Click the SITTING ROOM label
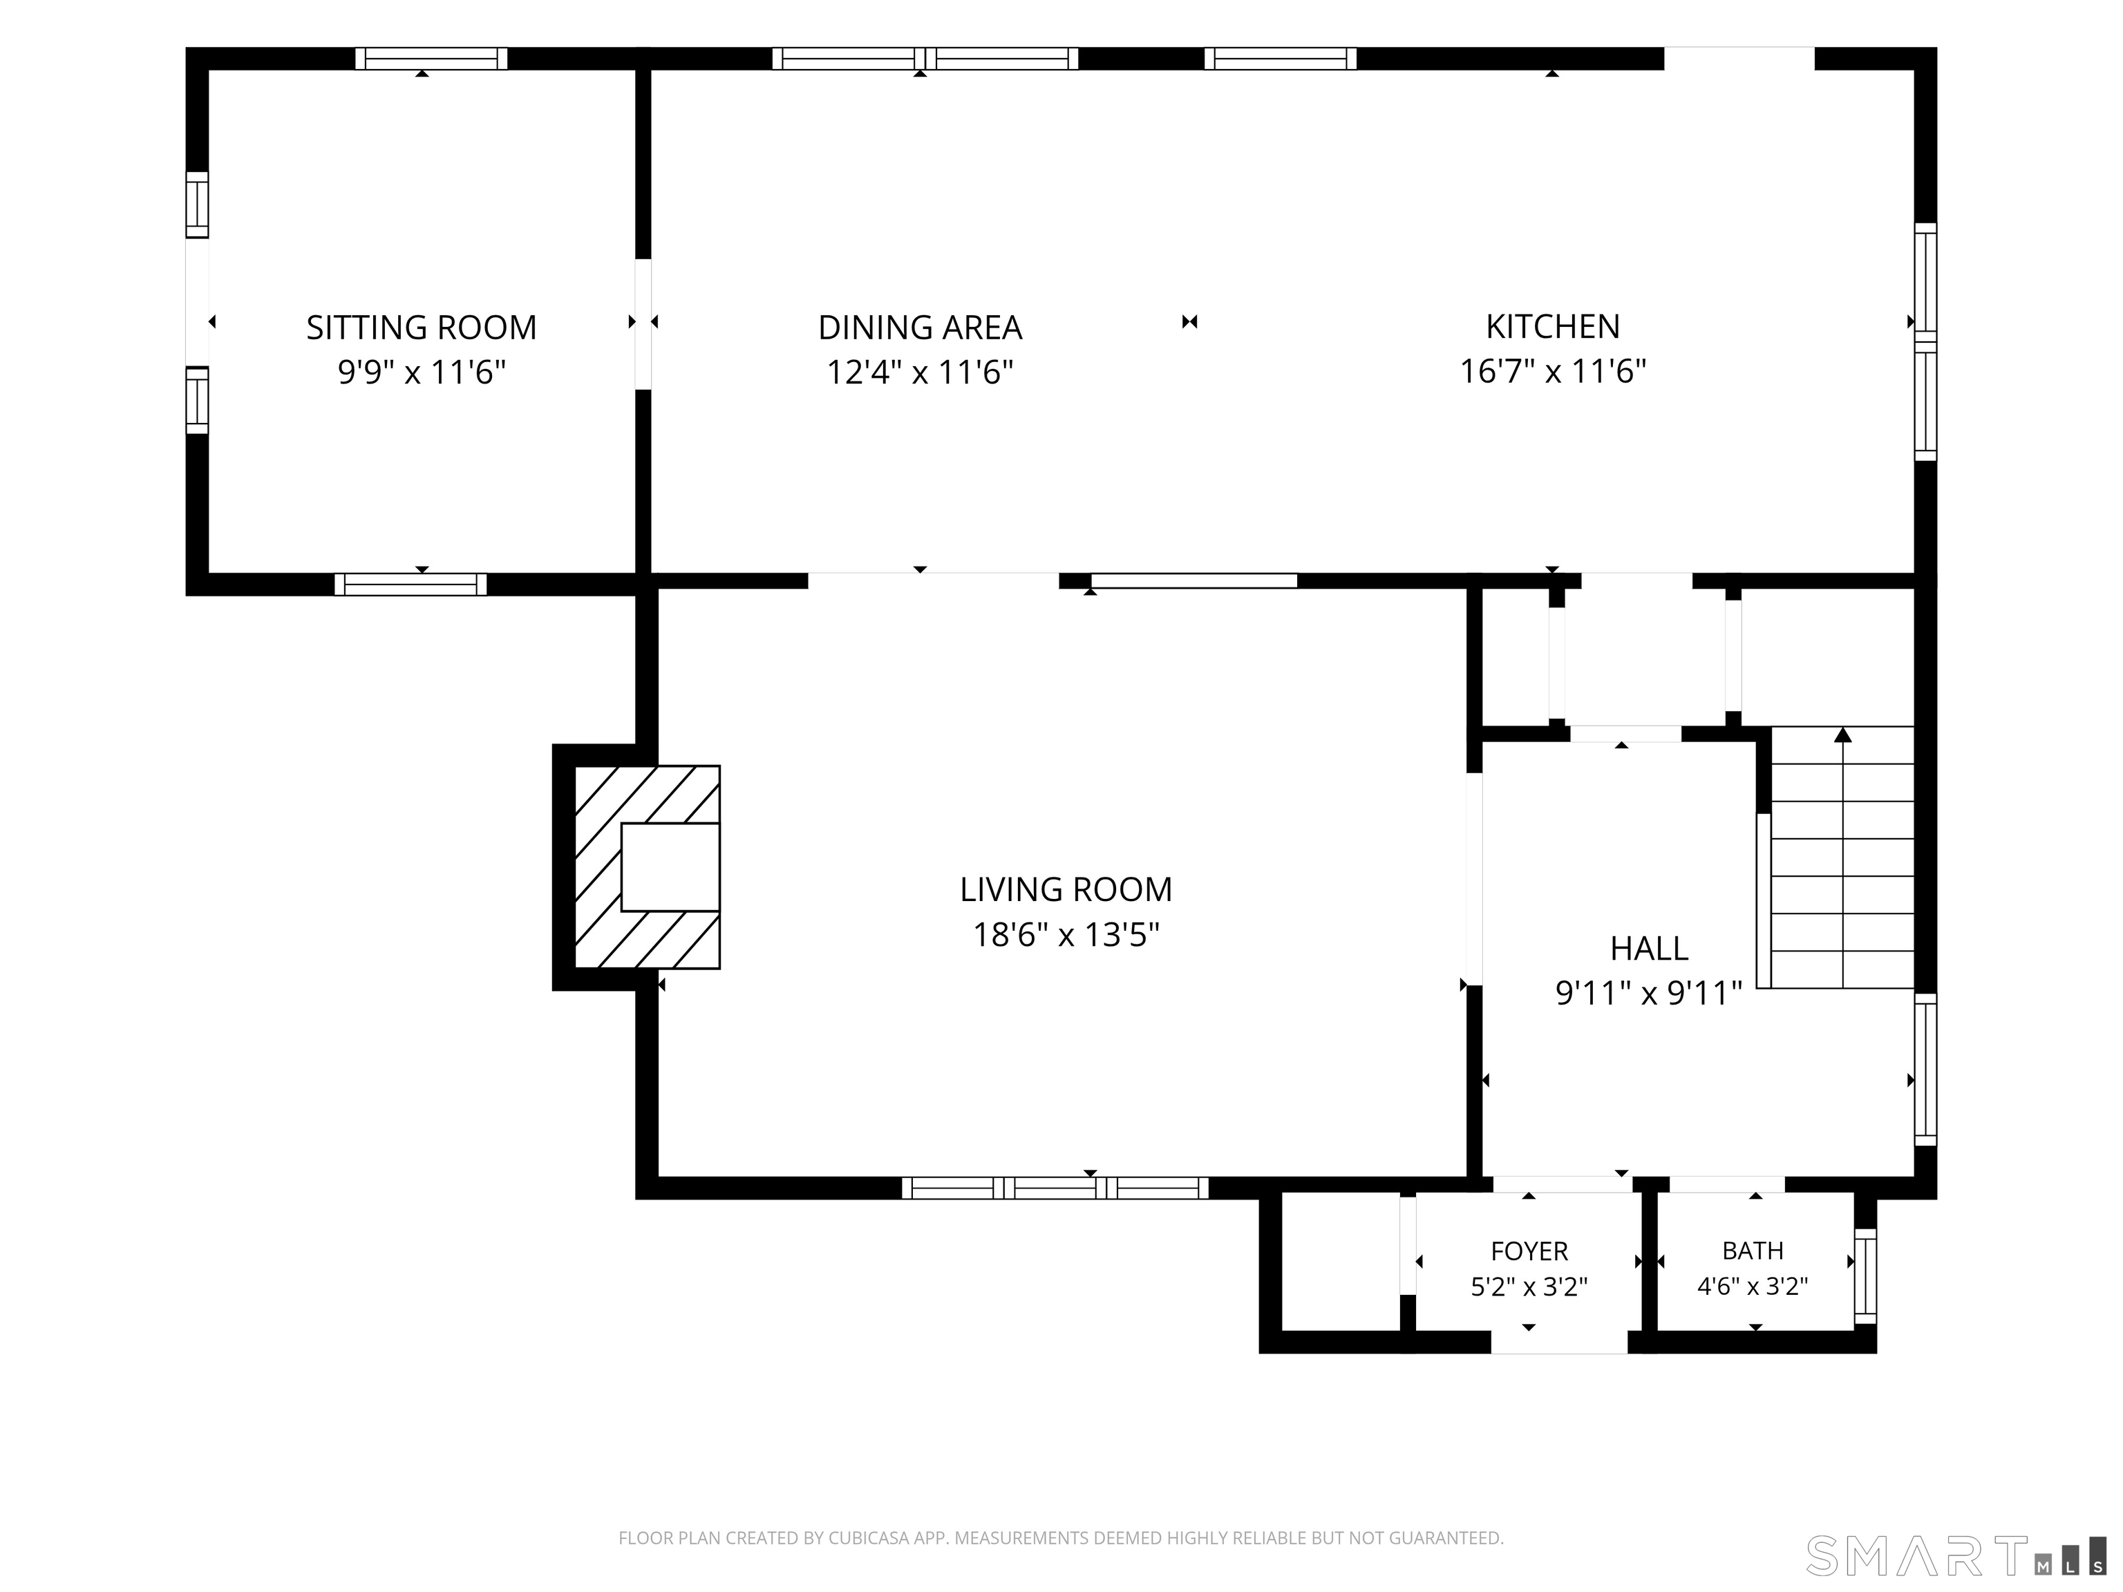[x=422, y=328]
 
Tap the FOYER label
[x=1529, y=1251]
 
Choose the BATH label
[x=1753, y=1251]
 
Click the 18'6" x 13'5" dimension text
[x=1066, y=935]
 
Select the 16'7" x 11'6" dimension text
[x=1553, y=371]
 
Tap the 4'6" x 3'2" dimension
[x=1753, y=1287]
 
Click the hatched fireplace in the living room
[x=647, y=866]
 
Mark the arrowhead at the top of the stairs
[x=1842, y=735]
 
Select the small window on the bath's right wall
[x=1865, y=1276]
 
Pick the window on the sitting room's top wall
[x=431, y=59]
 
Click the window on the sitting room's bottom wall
[x=411, y=585]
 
